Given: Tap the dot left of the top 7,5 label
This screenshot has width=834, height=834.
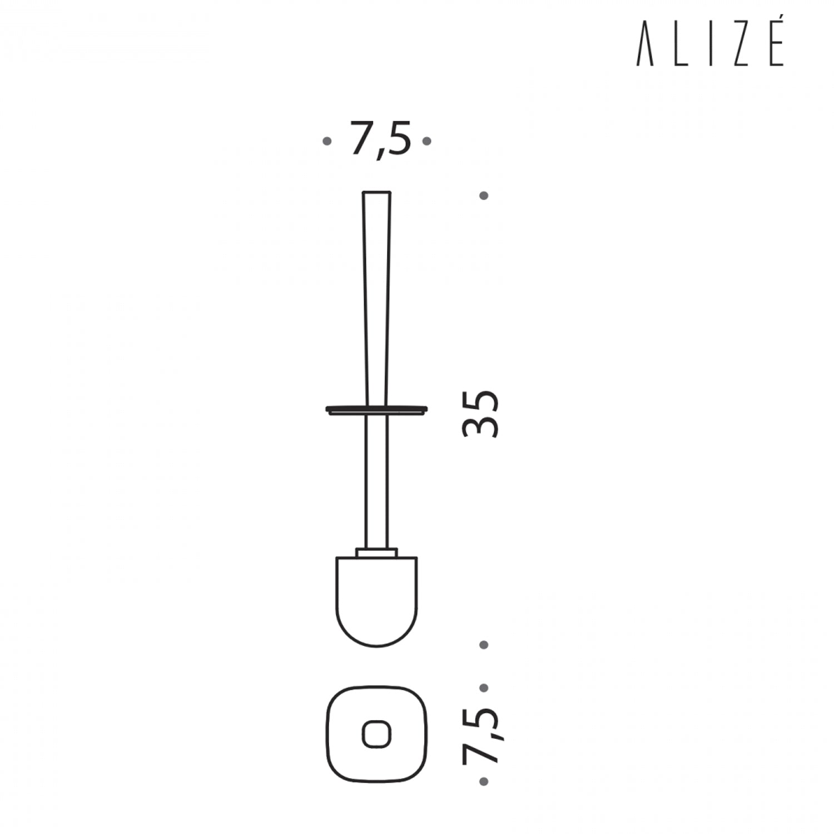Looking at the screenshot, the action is point(327,141).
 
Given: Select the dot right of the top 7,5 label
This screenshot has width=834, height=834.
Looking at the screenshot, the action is point(427,141).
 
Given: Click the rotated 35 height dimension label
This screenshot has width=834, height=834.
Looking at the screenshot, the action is point(481,414).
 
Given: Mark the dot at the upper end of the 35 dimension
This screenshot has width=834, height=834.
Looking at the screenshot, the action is point(484,196).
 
